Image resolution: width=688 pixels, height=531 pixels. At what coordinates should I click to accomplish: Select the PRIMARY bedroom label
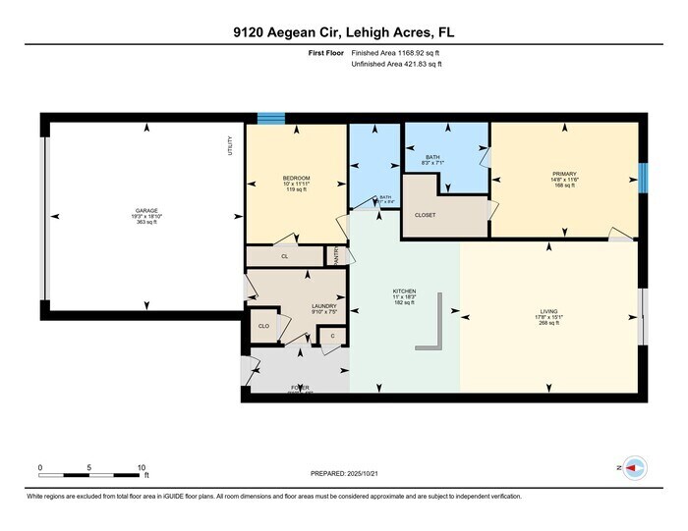[564, 174]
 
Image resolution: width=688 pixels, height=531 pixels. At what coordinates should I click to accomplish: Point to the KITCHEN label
[404, 292]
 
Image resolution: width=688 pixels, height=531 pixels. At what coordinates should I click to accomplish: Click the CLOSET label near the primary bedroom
[425, 214]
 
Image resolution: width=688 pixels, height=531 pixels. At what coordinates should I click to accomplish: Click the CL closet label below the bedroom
[284, 256]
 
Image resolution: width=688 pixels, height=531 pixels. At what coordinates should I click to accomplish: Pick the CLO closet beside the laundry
[263, 326]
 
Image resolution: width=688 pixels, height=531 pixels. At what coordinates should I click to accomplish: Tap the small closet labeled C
[332, 337]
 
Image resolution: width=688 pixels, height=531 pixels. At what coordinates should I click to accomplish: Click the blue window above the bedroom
[270, 118]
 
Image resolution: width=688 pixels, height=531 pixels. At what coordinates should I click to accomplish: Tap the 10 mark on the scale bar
[142, 467]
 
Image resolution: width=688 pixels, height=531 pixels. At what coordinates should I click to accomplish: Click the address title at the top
[343, 32]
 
